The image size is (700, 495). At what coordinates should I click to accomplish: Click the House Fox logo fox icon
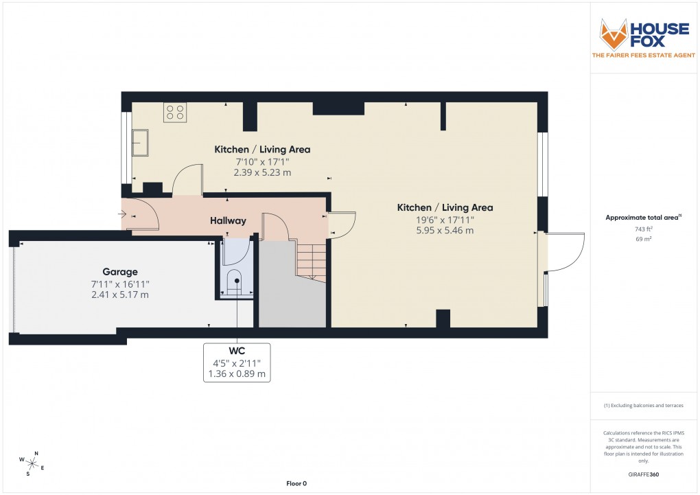tap(614, 34)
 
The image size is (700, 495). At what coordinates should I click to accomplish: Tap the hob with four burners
tap(175, 113)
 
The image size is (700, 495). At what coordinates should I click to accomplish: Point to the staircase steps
tap(311, 261)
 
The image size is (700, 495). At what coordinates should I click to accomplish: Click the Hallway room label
tap(228, 220)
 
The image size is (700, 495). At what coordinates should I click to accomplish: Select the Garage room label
tap(120, 271)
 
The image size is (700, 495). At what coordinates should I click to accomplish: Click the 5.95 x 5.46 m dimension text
tap(445, 231)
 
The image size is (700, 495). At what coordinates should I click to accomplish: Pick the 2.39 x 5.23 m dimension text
tap(262, 172)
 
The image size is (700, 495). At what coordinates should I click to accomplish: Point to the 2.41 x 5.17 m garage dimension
tap(120, 295)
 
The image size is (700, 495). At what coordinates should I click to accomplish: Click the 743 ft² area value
tap(642, 229)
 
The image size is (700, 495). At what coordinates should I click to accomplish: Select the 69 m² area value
tap(642, 239)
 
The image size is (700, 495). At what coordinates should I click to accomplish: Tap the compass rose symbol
tap(32, 462)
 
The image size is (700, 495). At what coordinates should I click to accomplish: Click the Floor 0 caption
tap(296, 484)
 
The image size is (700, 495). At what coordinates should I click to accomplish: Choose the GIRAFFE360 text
tap(642, 474)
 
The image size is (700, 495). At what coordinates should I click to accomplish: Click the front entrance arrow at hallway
tap(123, 214)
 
